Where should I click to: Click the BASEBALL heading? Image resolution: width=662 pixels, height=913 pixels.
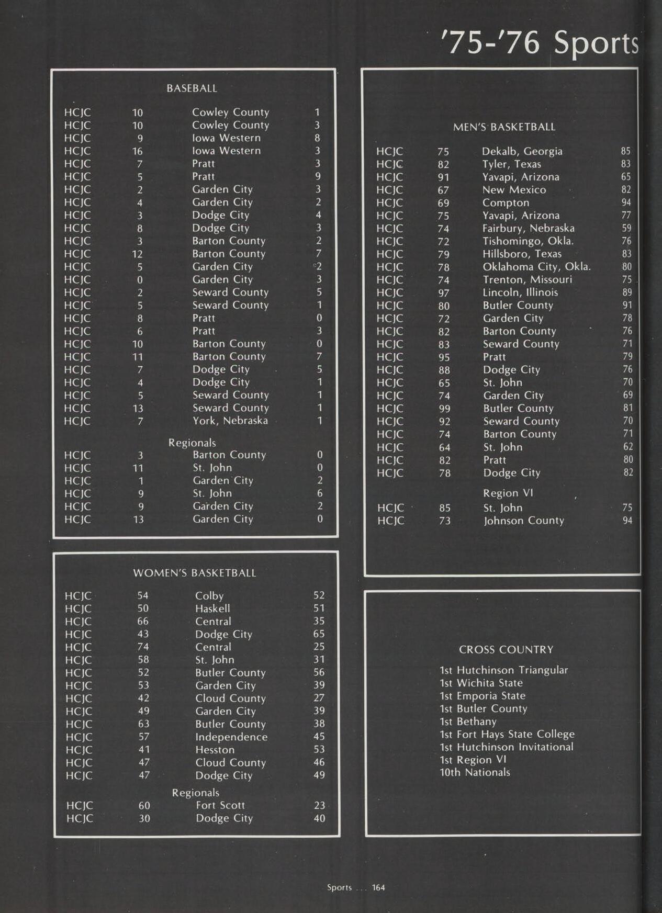(x=192, y=88)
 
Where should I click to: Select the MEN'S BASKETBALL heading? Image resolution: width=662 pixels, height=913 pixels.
(x=504, y=127)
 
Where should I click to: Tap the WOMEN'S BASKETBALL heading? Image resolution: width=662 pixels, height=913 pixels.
(x=195, y=573)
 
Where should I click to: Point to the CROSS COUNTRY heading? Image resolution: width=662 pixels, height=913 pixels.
(x=506, y=649)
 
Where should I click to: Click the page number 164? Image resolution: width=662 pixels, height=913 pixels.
(x=378, y=887)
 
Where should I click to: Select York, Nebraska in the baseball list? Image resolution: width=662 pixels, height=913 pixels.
(x=230, y=421)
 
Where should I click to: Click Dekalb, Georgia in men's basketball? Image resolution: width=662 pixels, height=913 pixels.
(x=522, y=151)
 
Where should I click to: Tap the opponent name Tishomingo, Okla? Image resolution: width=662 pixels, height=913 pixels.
(x=528, y=241)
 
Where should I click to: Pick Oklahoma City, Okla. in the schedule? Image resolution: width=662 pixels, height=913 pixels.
(x=536, y=267)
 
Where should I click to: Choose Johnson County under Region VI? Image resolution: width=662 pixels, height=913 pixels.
(x=523, y=521)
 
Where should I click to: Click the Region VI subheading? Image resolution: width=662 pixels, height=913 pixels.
(x=508, y=493)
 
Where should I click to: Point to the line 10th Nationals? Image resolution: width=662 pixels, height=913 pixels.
(x=475, y=772)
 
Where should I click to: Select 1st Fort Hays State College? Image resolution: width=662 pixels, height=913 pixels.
(x=507, y=734)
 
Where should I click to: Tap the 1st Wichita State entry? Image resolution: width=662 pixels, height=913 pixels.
(x=481, y=683)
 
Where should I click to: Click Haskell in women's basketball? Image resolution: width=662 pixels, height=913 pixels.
(x=212, y=608)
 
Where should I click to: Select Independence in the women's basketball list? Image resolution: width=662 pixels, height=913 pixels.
(x=231, y=737)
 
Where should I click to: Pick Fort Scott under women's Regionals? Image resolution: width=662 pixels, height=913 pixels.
(x=220, y=805)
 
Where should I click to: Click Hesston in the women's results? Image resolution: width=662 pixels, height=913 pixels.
(x=215, y=750)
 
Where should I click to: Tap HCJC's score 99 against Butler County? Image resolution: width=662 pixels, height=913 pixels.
(x=444, y=409)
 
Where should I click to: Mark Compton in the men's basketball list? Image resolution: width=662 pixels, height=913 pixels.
(x=506, y=202)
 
